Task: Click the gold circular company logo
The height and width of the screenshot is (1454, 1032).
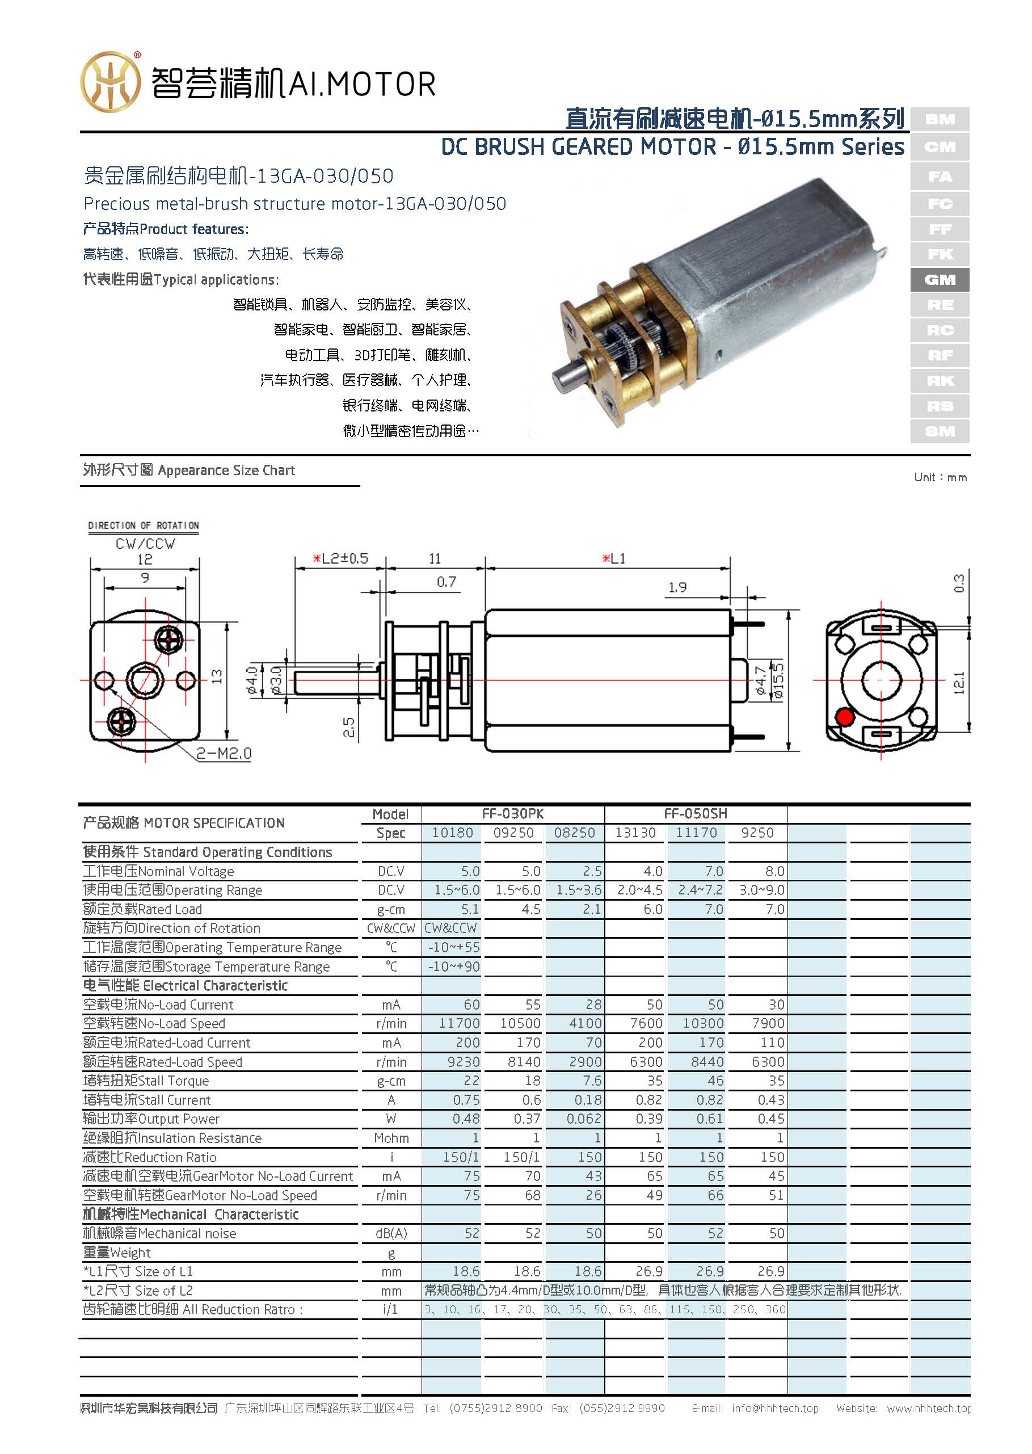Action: [x=110, y=82]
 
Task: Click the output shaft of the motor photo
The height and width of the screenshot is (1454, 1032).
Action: [x=567, y=377]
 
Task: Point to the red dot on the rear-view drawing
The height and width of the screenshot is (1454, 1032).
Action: [x=845, y=717]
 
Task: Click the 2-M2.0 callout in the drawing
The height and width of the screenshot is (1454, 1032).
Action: [x=224, y=754]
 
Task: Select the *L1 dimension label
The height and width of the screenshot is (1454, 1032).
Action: [x=614, y=558]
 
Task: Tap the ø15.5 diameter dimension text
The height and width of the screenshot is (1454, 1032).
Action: [x=779, y=680]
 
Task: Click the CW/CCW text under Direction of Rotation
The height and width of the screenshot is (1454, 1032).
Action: [x=145, y=544]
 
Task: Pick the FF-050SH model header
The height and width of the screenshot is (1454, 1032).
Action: [x=695, y=813]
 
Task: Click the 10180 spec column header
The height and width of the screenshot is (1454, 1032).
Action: [x=452, y=833]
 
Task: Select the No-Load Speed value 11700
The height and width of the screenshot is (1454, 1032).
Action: [x=459, y=1023]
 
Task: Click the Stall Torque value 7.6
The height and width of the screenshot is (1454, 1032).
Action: [x=591, y=1081]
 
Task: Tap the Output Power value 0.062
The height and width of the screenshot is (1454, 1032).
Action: [x=583, y=1119]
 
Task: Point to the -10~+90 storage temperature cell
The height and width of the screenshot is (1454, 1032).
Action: [x=454, y=966]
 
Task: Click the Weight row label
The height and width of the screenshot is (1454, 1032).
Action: [x=117, y=1253]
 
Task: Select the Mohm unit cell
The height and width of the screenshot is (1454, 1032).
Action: [x=391, y=1138]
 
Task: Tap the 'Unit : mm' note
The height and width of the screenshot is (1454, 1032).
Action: [x=940, y=477]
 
